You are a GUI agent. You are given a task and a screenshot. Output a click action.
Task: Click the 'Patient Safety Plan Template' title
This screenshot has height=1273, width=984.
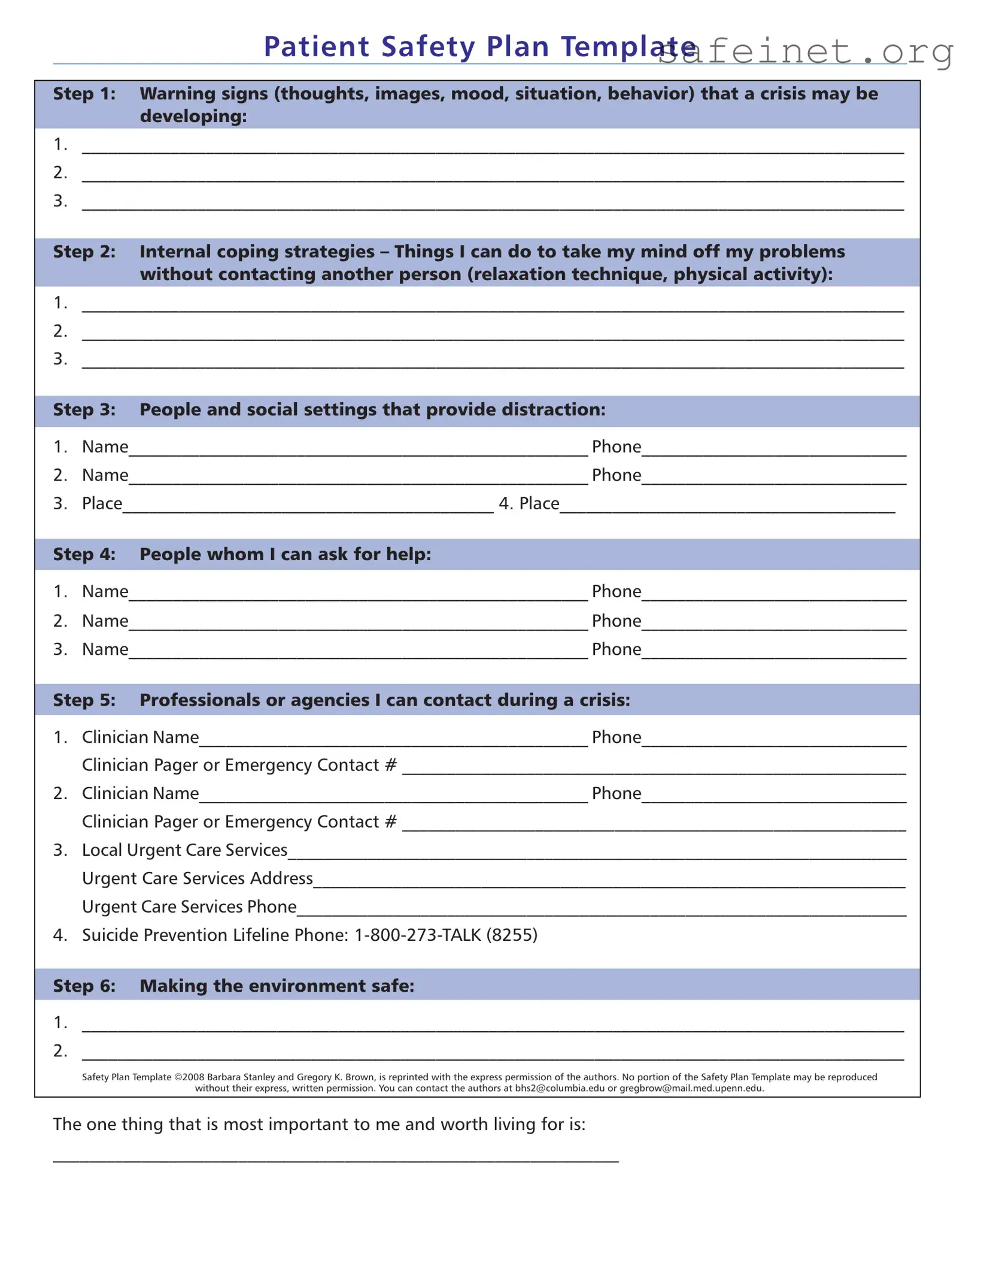479,47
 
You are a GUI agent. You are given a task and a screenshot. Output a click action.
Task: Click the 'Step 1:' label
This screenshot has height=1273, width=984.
84,94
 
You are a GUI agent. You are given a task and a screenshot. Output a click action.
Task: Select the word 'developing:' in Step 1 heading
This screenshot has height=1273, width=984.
193,116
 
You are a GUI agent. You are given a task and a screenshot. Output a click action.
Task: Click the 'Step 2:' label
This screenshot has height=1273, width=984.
84,252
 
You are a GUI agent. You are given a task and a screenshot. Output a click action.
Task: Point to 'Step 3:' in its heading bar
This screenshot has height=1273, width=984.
84,410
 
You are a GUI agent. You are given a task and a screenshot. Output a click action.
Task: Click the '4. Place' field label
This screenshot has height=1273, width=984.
529,504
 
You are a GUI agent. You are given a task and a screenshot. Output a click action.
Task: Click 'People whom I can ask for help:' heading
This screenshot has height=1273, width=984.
285,555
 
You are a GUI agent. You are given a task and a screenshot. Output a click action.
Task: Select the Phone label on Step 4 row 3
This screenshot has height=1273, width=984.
616,649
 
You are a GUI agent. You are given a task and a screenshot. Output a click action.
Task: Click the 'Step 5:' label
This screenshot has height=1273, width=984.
84,700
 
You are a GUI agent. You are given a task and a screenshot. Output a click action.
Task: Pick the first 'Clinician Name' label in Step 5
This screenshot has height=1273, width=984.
140,737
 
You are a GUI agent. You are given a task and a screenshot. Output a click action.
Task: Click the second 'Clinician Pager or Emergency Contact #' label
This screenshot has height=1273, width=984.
239,822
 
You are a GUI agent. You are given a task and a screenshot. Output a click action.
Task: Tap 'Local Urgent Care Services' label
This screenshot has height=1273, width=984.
184,850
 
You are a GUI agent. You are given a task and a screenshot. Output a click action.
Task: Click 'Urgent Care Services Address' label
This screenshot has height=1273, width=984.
197,879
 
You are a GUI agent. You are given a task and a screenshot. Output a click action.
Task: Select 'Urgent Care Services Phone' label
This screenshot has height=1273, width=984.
189,907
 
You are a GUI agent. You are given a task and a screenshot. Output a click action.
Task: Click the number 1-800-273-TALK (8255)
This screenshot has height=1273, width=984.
445,935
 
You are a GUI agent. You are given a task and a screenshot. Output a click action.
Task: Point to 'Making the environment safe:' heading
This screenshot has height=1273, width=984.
277,986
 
